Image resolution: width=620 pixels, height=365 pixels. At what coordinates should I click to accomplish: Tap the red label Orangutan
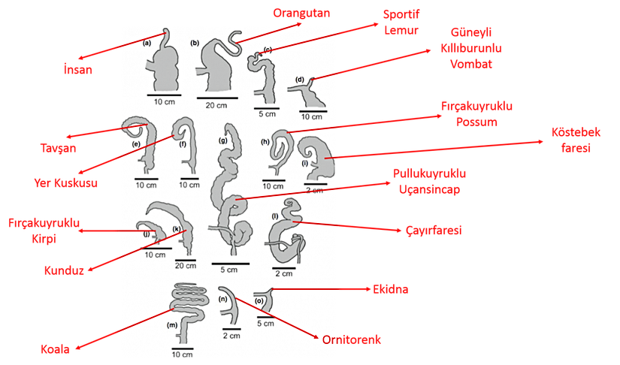301,13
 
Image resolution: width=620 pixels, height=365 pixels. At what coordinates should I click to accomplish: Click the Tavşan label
52,148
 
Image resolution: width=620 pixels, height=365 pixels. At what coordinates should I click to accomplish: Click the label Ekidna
390,288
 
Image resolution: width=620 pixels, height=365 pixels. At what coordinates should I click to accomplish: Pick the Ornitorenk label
352,340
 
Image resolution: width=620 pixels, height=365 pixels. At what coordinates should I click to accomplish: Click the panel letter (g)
222,140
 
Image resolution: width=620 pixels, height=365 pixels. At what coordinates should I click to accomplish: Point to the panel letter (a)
147,44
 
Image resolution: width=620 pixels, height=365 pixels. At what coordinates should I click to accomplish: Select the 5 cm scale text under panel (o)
265,324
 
